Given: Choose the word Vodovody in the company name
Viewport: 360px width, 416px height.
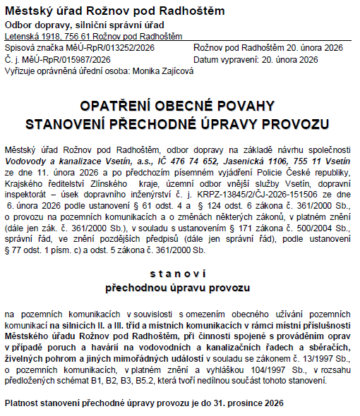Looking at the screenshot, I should point(25,161).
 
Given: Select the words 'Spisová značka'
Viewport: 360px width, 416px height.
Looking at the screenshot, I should point(34,47).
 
